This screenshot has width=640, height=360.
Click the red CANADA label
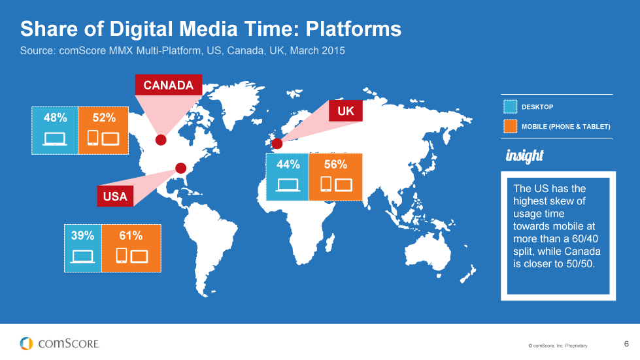[x=169, y=85]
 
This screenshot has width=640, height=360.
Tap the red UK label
[x=346, y=110]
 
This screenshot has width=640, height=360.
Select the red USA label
[x=115, y=196]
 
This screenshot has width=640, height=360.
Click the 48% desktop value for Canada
[x=55, y=118]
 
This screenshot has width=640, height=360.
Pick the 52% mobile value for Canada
[x=104, y=118]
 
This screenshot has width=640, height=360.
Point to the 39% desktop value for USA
[x=82, y=236]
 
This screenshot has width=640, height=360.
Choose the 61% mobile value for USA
[x=131, y=236]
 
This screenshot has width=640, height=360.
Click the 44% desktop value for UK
[x=288, y=164]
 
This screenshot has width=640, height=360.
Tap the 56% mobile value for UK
[x=335, y=164]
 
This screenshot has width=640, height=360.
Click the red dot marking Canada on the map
[x=161, y=140]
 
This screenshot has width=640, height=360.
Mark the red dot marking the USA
[x=181, y=168]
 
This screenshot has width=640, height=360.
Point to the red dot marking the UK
[x=277, y=144]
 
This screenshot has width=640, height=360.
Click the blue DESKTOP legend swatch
[x=510, y=106]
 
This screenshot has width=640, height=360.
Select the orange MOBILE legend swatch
[x=510, y=126]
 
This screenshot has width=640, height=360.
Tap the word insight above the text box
[x=524, y=155]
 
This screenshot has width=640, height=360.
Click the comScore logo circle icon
[x=27, y=343]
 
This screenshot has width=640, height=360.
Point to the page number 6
[x=626, y=344]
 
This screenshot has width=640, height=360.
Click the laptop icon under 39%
[x=82, y=257]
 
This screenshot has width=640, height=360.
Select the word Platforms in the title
[x=354, y=29]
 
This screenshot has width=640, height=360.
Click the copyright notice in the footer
[x=558, y=346]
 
